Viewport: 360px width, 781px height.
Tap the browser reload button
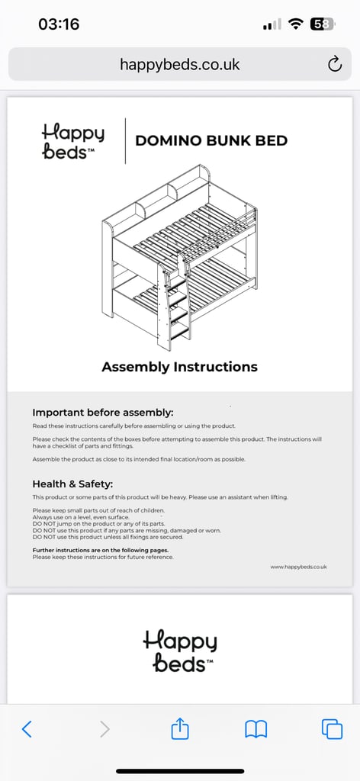(335, 64)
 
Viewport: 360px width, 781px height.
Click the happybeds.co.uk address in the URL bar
(180, 64)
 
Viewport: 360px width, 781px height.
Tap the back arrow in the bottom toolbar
(27, 729)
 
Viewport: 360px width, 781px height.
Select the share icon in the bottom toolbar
(180, 728)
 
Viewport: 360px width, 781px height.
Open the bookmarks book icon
(256, 729)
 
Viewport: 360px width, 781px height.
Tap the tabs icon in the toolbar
(332, 729)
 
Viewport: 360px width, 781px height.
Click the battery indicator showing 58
(323, 24)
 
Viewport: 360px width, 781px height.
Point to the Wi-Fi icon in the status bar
(297, 24)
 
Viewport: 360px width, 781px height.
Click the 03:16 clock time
(59, 24)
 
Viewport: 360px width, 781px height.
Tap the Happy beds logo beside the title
(73, 142)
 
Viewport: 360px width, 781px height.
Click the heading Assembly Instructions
(180, 367)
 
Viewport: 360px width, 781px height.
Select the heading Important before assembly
(102, 413)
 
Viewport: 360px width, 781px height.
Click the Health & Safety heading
(72, 484)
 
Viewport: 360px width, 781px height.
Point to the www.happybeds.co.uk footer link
(299, 567)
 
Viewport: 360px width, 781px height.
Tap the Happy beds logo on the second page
(180, 651)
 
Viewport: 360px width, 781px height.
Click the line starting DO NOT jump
(98, 524)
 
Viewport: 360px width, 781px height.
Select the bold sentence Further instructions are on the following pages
(101, 551)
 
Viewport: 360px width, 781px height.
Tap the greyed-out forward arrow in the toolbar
(104, 729)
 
